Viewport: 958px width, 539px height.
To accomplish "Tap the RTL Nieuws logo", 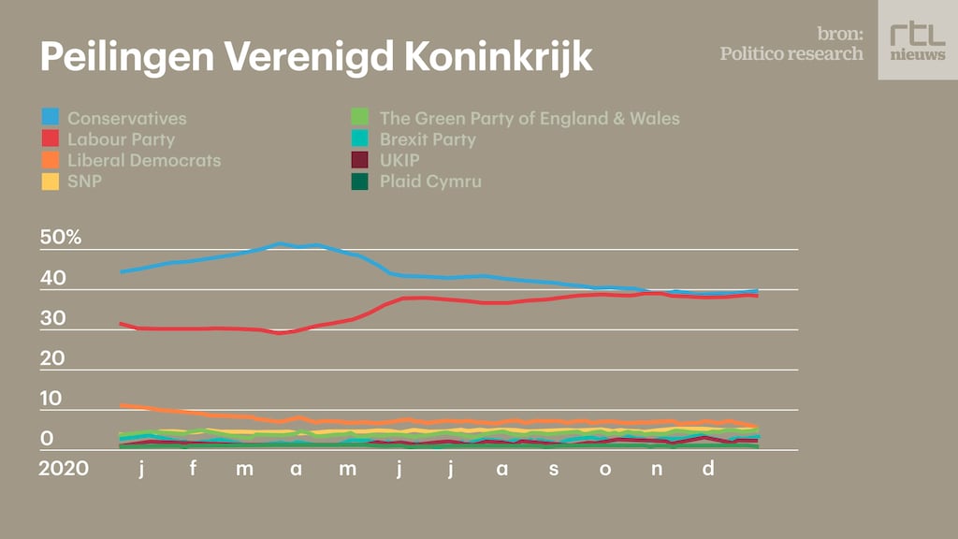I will (x=917, y=39).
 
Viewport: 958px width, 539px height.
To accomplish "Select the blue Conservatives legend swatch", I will (x=51, y=118).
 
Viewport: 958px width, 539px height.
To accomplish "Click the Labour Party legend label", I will (x=121, y=139).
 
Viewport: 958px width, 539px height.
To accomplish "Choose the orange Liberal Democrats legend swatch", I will (x=51, y=160).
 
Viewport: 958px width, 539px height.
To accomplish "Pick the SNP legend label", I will (x=84, y=181).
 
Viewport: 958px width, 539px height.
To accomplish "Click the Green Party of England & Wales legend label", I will (x=529, y=118).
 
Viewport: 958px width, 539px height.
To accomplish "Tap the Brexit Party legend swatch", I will (x=362, y=139).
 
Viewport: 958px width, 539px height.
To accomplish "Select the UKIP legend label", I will (x=399, y=160).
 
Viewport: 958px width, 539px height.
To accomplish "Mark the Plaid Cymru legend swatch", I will (x=362, y=181).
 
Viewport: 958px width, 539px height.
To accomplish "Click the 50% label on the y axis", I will (x=61, y=238).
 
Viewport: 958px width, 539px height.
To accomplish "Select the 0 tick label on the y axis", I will (x=47, y=439).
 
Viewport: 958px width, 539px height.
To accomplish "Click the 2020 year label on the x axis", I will (x=64, y=468).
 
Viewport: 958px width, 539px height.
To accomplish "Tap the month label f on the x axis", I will (x=193, y=468).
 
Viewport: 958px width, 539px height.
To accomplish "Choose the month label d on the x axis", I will (x=708, y=468).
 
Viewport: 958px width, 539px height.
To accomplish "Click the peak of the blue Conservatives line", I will (x=281, y=243).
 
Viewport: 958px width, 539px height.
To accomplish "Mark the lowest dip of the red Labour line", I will (x=279, y=332).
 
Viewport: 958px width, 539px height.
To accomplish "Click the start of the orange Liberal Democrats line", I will (x=122, y=405).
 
